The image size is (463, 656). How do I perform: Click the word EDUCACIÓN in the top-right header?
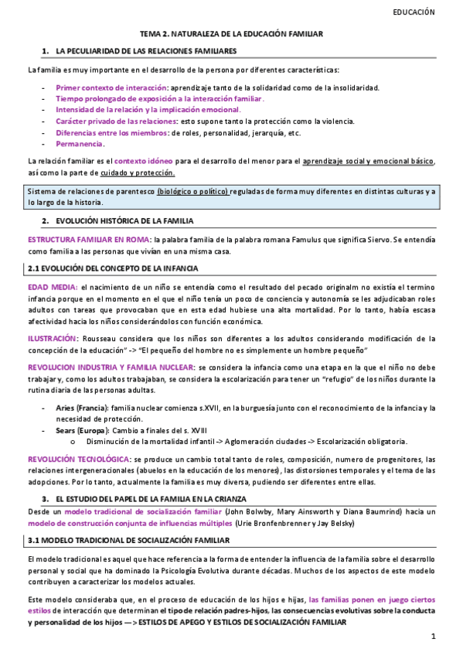coord(414,12)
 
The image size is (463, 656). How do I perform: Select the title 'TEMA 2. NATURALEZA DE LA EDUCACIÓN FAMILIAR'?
coord(231,35)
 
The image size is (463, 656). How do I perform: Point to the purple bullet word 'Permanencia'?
coord(80,144)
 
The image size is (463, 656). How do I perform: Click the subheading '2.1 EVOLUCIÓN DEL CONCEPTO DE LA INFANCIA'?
coord(108,268)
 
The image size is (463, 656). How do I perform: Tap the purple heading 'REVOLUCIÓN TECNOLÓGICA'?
coord(73,459)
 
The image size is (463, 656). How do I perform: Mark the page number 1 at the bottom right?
coord(434,637)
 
